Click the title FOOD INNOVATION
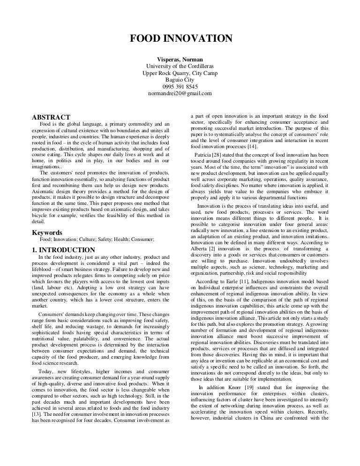180,38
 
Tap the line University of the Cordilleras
180,67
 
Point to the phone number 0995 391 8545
180,87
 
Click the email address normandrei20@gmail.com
180,93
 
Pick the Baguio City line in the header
180,80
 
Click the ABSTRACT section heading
51,117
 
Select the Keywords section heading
46,233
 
